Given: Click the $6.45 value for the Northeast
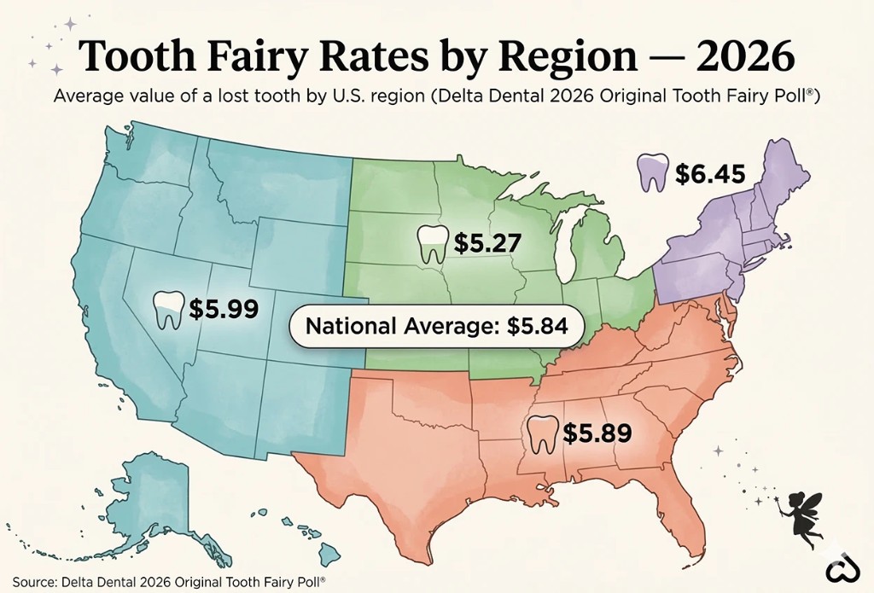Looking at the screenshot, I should pyautogui.click(x=710, y=174).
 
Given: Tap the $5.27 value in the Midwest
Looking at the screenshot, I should pyautogui.click(x=487, y=243).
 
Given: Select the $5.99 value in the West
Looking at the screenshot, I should pyautogui.click(x=224, y=309).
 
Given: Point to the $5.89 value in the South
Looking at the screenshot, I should pyautogui.click(x=597, y=433).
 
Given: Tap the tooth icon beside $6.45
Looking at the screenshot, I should pyautogui.click(x=653, y=172).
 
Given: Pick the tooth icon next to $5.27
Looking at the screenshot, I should pyautogui.click(x=433, y=244).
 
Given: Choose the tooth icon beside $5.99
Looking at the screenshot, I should pyautogui.click(x=167, y=310).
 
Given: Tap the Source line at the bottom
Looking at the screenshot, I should pyautogui.click(x=169, y=581).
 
